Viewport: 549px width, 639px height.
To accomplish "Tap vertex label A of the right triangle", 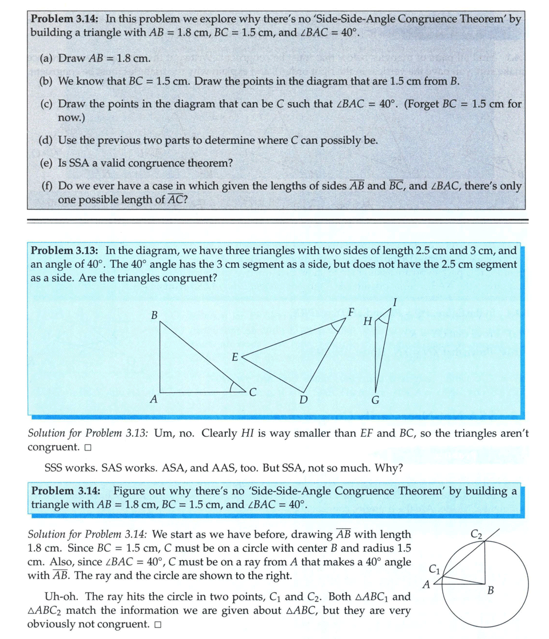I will click(x=153, y=400).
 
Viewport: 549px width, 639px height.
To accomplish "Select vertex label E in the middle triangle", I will click(x=234, y=357).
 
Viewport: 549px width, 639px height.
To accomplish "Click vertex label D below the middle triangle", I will click(x=304, y=400).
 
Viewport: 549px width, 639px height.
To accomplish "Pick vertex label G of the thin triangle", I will click(x=375, y=400).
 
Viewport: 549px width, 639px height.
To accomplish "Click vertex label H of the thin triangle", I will click(x=368, y=321).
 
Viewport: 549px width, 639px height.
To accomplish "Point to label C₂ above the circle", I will click(x=476, y=535).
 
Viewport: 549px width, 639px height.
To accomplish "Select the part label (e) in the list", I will click(x=47, y=163).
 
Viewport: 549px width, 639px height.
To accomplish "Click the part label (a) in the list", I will click(x=47, y=58).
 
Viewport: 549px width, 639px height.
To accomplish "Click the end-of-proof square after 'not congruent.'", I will click(x=157, y=625).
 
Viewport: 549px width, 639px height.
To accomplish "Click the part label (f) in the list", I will click(x=47, y=187).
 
